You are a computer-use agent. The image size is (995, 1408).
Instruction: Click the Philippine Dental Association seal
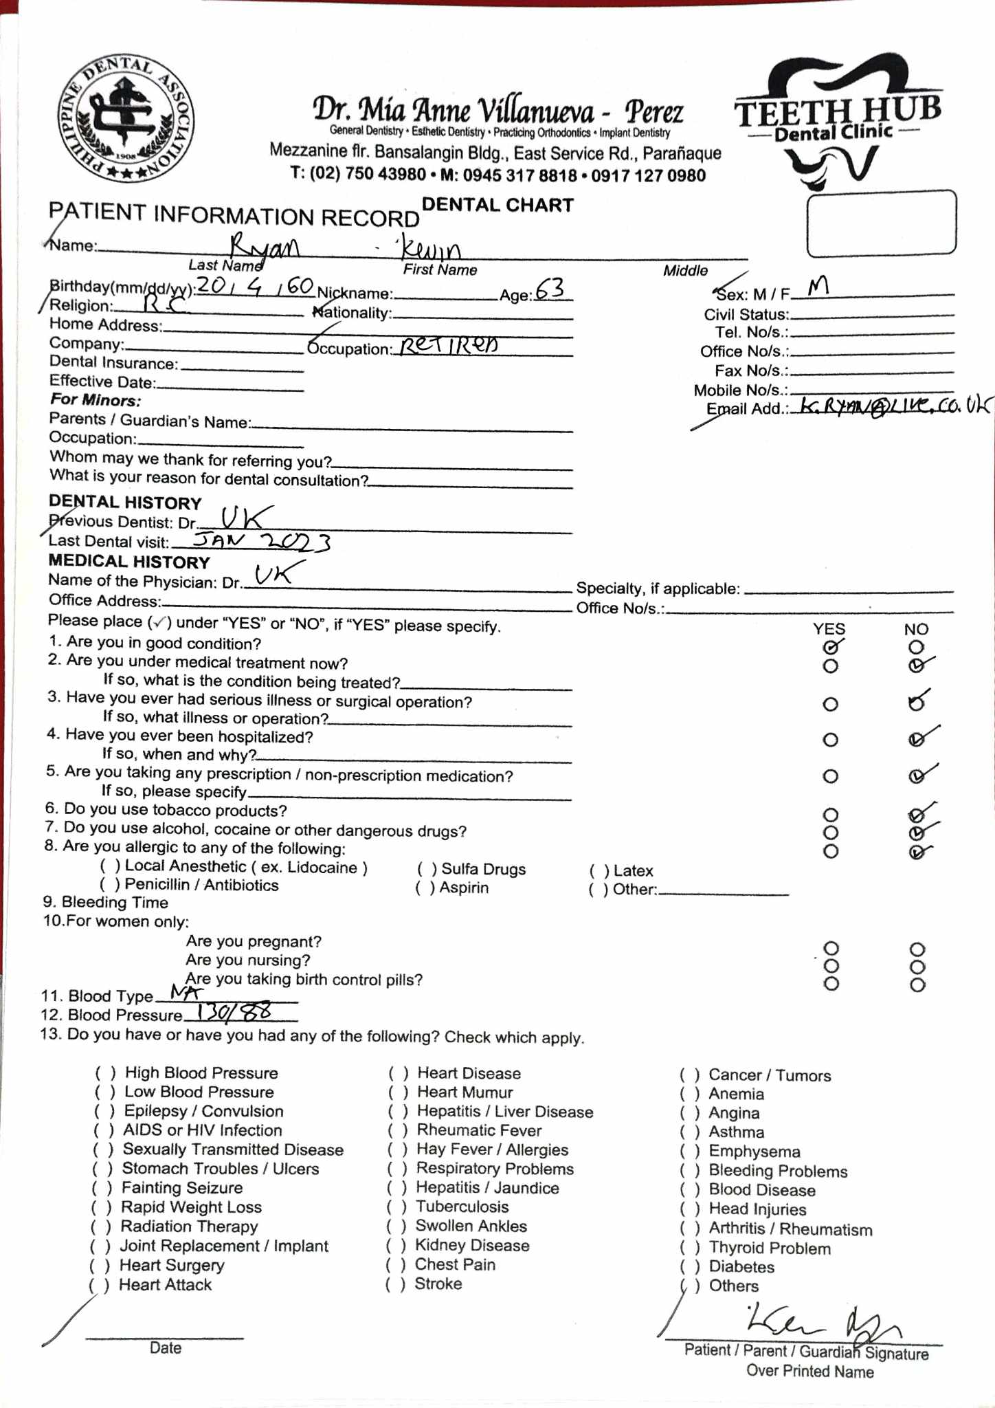click(125, 119)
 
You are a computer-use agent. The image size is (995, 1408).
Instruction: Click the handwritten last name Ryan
click(264, 245)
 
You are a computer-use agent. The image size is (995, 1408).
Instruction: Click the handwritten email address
click(890, 406)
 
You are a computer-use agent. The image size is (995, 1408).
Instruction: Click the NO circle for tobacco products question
click(916, 815)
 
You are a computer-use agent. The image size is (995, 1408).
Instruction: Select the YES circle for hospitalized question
click(831, 740)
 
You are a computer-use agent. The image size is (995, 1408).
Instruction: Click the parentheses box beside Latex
click(599, 871)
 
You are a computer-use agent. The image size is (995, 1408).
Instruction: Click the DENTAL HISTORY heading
click(125, 503)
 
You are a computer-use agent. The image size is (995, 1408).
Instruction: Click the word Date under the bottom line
click(165, 1347)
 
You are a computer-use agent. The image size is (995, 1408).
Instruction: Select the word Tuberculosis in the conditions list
click(462, 1207)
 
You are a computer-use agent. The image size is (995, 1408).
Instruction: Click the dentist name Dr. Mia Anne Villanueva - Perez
click(498, 111)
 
